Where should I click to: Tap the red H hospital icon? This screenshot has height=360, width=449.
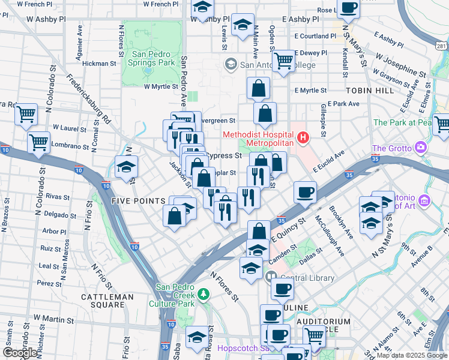click(x=303, y=139)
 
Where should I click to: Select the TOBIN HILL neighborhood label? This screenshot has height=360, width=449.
click(x=370, y=91)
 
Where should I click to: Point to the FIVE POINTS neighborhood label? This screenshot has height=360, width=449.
click(x=138, y=201)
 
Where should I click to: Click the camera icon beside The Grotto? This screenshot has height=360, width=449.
click(x=420, y=148)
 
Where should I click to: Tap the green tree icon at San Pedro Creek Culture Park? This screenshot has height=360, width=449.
click(x=204, y=293)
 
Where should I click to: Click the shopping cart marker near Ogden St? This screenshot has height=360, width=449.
click(x=283, y=60)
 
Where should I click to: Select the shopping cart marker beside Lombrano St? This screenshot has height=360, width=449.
click(x=39, y=142)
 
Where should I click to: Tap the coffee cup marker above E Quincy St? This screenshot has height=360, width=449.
click(x=306, y=192)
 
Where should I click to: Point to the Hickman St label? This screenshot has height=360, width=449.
click(x=100, y=63)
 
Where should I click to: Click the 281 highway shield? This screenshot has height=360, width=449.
click(x=441, y=46)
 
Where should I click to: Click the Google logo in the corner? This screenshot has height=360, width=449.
click(x=20, y=352)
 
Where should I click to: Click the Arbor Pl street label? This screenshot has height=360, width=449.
click(x=54, y=231)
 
